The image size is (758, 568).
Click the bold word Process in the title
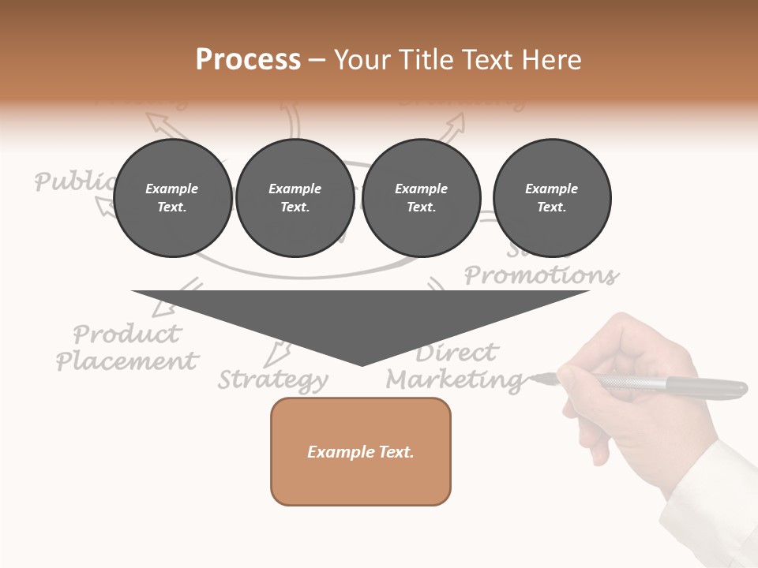(x=248, y=60)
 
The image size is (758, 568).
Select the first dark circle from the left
(x=172, y=198)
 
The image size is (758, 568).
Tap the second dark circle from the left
(x=295, y=198)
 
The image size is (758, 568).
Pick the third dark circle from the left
(x=422, y=198)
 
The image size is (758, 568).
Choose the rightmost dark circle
(x=552, y=198)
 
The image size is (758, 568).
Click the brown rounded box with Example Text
(x=361, y=451)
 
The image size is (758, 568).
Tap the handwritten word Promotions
(x=542, y=275)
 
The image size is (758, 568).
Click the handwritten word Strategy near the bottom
(x=272, y=379)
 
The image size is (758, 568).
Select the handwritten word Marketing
(x=455, y=380)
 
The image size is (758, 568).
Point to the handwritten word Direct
(x=457, y=352)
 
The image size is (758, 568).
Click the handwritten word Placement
(x=127, y=361)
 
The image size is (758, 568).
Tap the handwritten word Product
(x=127, y=334)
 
